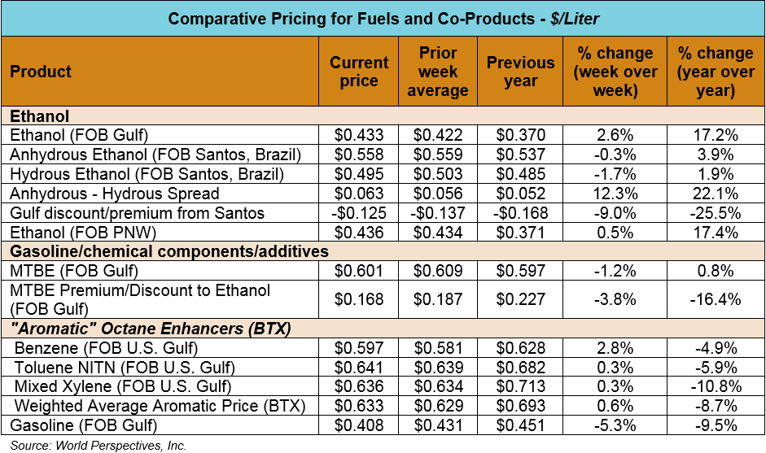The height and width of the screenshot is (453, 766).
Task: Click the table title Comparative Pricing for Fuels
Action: [x=382, y=18]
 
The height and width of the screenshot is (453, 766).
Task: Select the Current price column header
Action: [x=359, y=72]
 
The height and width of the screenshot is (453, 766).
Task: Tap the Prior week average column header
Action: [x=438, y=72]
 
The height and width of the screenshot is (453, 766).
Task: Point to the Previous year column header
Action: [x=520, y=72]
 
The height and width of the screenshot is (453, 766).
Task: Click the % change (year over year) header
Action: [x=716, y=72]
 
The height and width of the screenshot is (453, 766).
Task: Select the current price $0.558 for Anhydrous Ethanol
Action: [x=359, y=155]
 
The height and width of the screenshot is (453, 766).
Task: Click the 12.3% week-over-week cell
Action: [x=615, y=194]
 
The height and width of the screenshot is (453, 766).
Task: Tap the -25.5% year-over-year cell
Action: [x=716, y=213]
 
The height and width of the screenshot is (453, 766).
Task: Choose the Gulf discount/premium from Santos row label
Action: [x=137, y=213]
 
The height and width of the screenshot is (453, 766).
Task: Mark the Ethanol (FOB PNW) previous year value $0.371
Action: [x=520, y=233]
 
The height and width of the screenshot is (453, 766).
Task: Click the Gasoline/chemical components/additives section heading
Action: [x=169, y=252]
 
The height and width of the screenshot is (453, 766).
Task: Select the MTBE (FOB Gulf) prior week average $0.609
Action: [x=438, y=271]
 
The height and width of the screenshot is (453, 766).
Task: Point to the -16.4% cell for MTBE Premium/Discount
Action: [x=716, y=299]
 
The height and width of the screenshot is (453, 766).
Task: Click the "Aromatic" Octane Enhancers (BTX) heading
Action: [x=151, y=329]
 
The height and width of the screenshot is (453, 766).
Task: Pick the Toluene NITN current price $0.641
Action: [x=359, y=368]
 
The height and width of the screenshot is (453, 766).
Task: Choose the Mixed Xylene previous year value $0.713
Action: [x=520, y=386]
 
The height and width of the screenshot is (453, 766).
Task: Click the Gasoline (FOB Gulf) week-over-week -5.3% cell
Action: [x=615, y=425]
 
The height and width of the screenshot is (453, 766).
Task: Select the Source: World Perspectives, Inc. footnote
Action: [x=98, y=445]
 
